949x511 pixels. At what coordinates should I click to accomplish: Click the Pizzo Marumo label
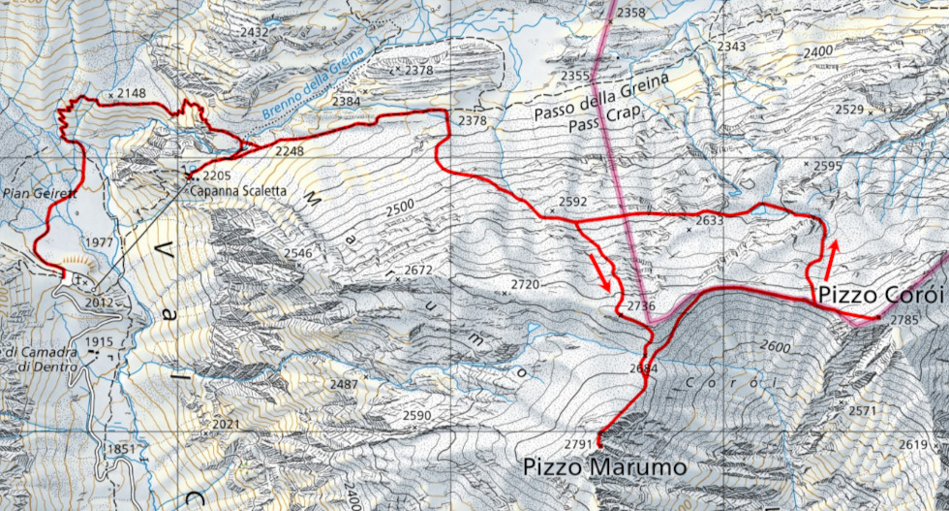(x=605, y=466)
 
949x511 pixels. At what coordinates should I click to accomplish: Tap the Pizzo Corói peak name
(x=878, y=293)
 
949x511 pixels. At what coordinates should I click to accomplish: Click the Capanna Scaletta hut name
(x=237, y=191)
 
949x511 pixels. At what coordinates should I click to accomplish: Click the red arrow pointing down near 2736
(x=602, y=271)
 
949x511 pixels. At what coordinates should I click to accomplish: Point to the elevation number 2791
(x=577, y=444)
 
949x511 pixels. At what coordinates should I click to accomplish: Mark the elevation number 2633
(x=710, y=220)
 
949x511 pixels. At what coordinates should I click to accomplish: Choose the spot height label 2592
(x=573, y=202)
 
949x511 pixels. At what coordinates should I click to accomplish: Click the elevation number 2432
(x=255, y=32)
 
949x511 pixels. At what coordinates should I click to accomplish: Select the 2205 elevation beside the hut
(x=218, y=176)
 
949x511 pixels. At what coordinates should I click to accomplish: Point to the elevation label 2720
(x=524, y=284)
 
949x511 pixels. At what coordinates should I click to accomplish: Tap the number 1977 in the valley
(x=100, y=241)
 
